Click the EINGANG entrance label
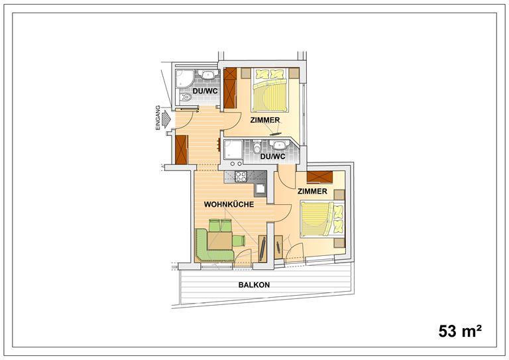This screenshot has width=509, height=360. click(158, 118)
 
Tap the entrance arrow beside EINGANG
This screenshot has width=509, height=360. click(166, 119)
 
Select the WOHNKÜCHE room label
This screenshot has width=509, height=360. click(229, 204)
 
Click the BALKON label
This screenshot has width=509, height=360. click(254, 285)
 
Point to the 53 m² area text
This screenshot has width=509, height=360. click(460, 331)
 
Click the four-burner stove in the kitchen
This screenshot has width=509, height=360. click(241, 176)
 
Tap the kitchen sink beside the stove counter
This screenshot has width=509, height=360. click(260, 188)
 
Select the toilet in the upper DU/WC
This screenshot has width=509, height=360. click(186, 97)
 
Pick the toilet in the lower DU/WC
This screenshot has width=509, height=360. click(257, 147)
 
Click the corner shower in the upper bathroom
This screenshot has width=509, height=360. click(184, 78)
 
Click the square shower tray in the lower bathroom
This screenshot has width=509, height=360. click(233, 150)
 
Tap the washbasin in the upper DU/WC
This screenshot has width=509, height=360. click(208, 75)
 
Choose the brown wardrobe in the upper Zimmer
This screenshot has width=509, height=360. click(230, 88)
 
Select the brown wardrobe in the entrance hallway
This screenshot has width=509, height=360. click(182, 150)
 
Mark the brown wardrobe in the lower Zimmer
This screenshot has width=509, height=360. click(319, 177)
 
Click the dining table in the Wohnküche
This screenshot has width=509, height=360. click(220, 241)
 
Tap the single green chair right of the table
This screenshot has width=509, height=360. click(239, 241)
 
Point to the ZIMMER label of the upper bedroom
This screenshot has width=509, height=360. click(265, 120)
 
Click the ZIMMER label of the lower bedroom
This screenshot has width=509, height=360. click(312, 192)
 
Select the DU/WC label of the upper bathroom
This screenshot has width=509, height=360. click(205, 91)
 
